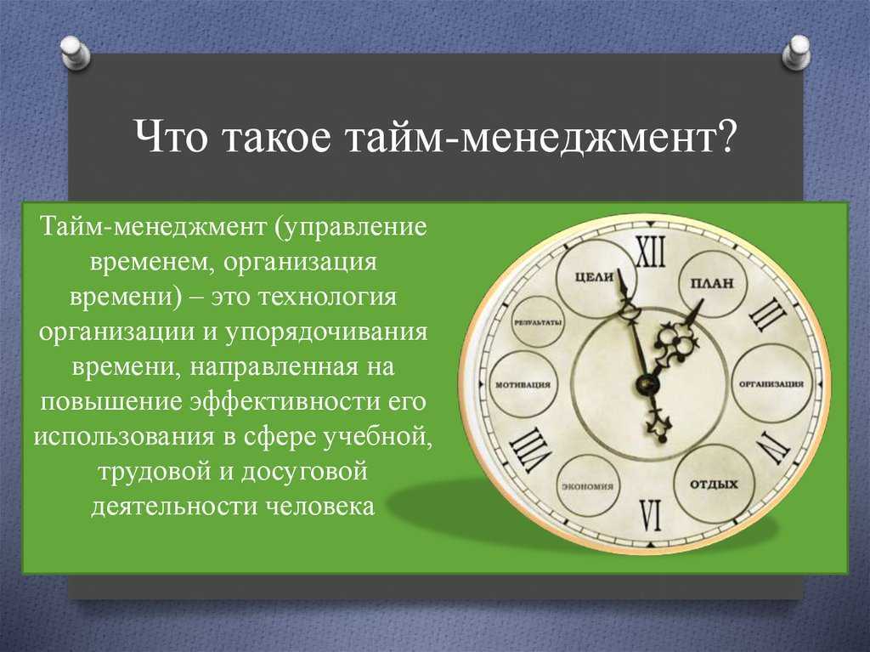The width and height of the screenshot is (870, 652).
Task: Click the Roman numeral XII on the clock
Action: (x=648, y=252)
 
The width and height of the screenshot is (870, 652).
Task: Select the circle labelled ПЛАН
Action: (x=713, y=283)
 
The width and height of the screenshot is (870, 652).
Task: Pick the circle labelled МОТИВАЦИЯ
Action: (x=523, y=384)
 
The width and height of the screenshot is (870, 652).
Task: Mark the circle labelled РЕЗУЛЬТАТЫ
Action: (x=537, y=323)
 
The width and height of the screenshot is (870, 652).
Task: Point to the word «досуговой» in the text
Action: (x=303, y=473)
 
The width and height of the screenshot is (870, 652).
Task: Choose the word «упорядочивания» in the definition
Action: (x=326, y=332)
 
